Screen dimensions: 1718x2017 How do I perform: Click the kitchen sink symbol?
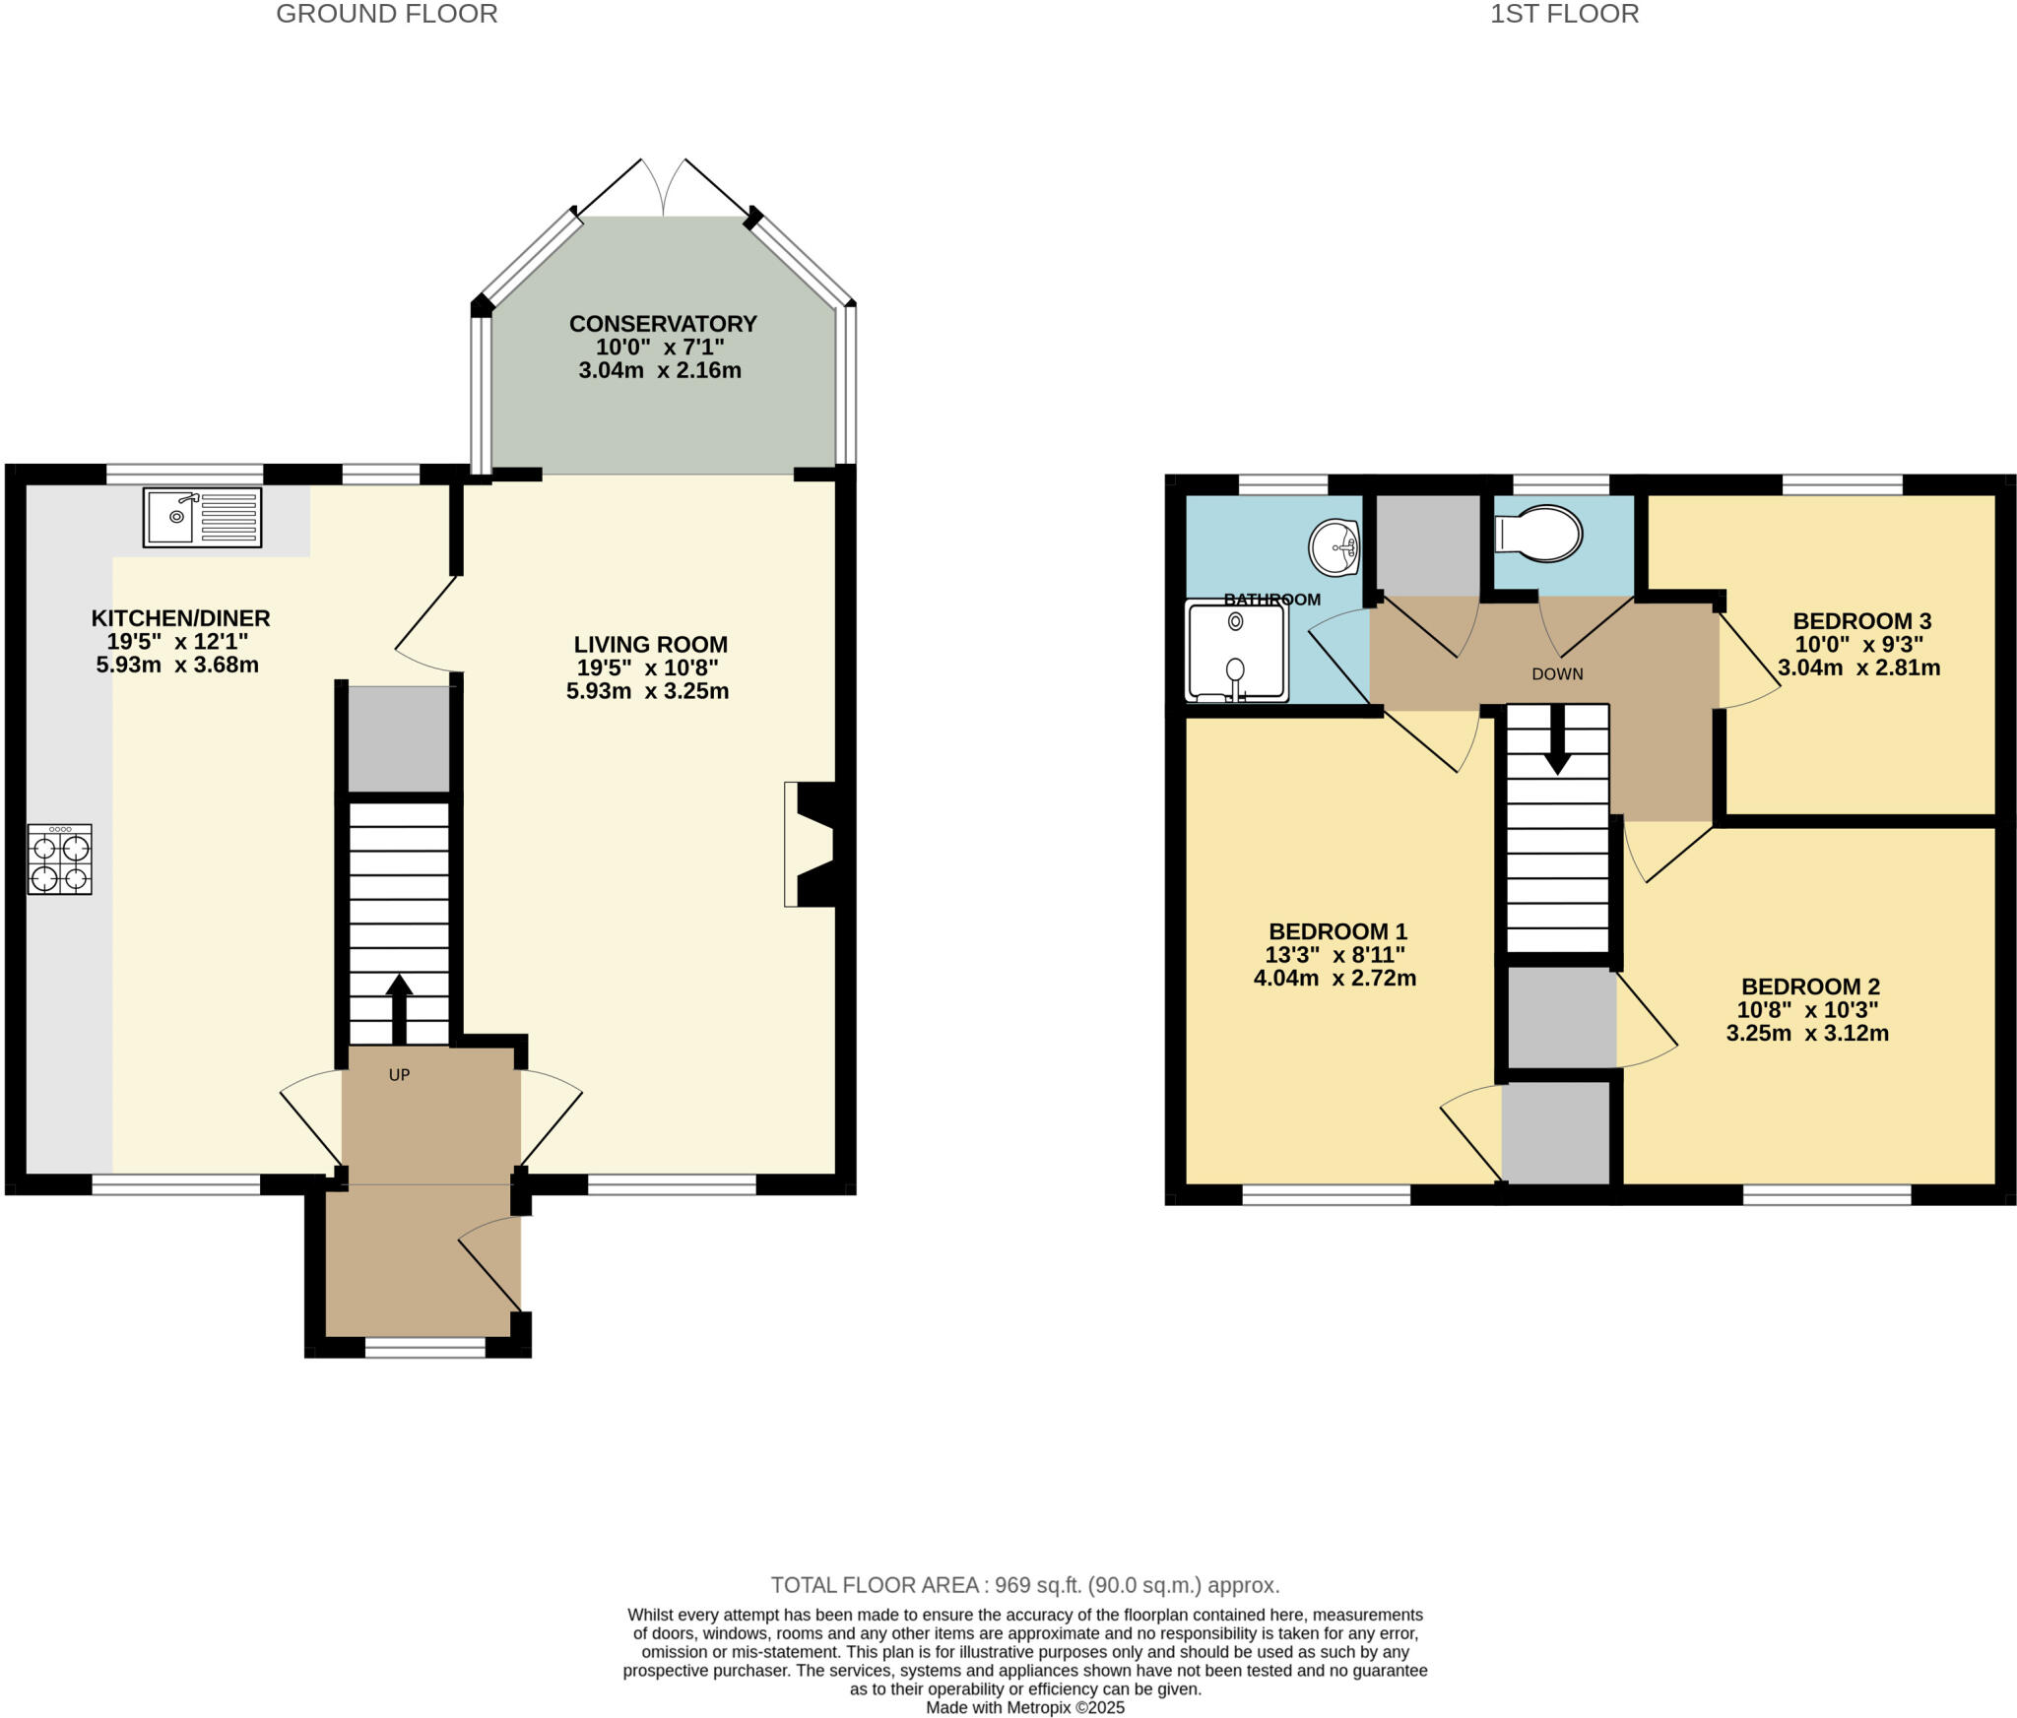coord(202,517)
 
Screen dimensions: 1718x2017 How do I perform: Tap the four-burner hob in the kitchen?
coord(59,859)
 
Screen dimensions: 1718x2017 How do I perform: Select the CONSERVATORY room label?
coord(663,324)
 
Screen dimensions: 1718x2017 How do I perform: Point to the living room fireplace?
coord(810,844)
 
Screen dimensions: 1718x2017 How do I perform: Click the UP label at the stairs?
coord(399,1075)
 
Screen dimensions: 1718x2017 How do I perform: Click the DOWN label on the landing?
coord(1557,674)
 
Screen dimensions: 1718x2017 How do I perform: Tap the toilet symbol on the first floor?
coord(1538,534)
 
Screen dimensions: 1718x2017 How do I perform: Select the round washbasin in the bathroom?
coord(1334,547)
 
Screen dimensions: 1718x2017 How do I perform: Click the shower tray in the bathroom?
coord(1237,651)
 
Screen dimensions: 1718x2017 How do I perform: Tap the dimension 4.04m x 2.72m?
coord(1334,979)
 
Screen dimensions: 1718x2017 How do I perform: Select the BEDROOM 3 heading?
coord(1861,621)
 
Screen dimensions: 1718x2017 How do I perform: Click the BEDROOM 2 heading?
coord(1810,986)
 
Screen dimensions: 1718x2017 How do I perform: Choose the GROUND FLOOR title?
coord(386,14)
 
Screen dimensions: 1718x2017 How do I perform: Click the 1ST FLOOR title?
coord(1564,14)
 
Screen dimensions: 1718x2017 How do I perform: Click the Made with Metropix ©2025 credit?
coord(1024,1708)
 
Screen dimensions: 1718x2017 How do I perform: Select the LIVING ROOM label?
coord(650,645)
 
